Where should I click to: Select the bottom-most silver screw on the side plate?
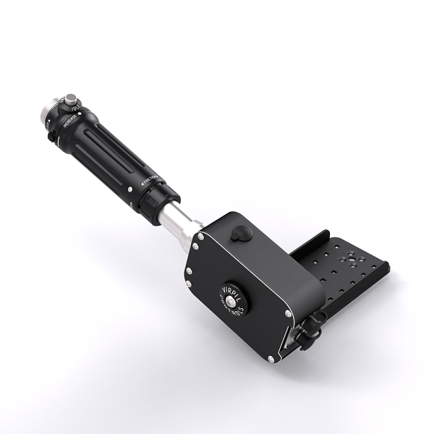(x=273, y=359)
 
